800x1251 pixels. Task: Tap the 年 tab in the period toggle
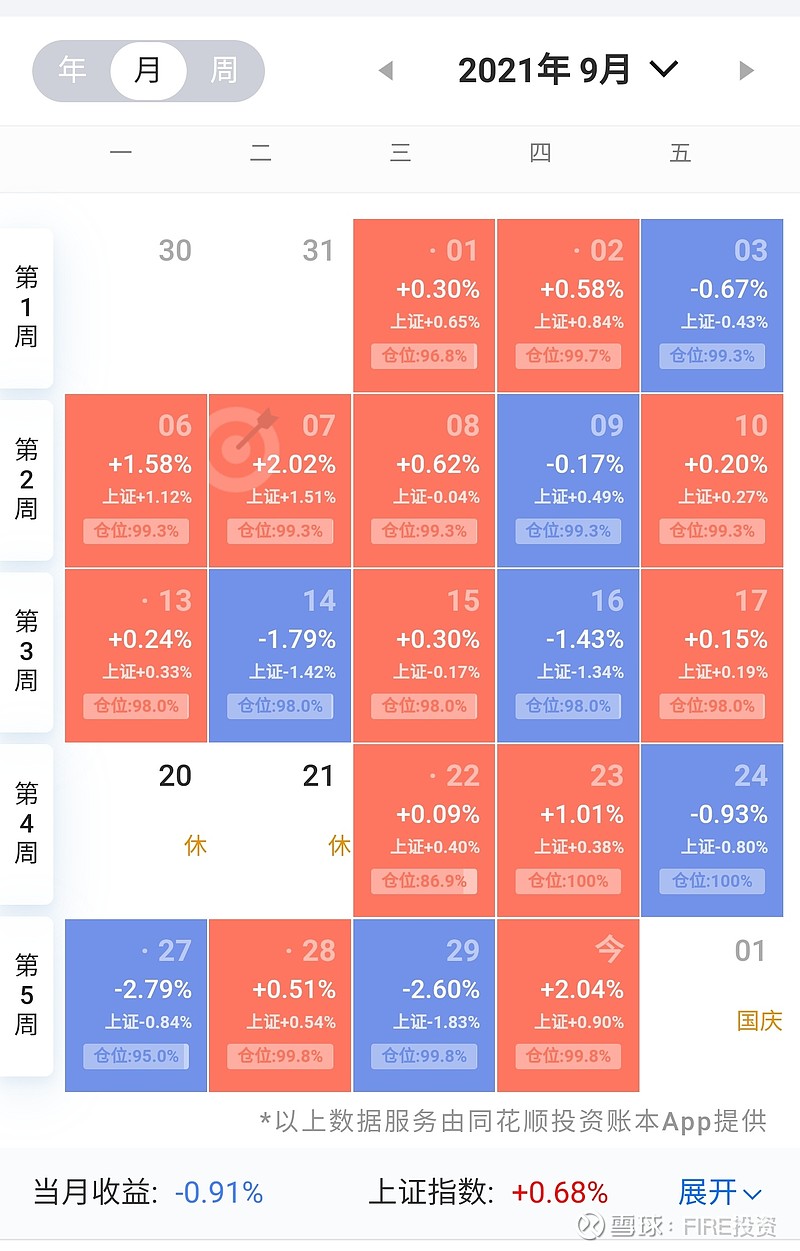click(x=72, y=70)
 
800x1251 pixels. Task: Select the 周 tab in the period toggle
click(x=224, y=70)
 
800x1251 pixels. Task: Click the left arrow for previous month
click(x=386, y=70)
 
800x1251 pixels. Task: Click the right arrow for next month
click(x=745, y=70)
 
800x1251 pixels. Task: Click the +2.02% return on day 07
click(x=294, y=464)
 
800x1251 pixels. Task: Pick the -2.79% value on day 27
click(x=152, y=989)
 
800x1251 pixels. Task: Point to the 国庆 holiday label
click(x=759, y=1021)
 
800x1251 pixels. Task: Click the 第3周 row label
click(x=27, y=650)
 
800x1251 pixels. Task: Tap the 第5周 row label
click(x=27, y=995)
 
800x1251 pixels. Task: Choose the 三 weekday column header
click(x=400, y=153)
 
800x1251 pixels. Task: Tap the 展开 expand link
click(x=719, y=1192)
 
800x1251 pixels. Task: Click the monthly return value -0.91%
click(x=219, y=1192)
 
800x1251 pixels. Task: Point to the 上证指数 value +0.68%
click(x=559, y=1192)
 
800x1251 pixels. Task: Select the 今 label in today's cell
click(x=609, y=950)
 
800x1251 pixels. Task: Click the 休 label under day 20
click(x=196, y=846)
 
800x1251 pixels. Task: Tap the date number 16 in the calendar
click(x=607, y=600)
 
